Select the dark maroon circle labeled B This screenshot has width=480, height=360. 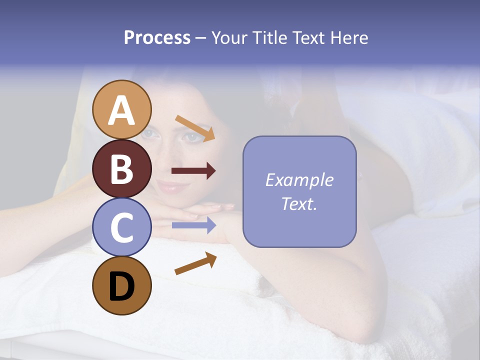pyautogui.click(x=122, y=168)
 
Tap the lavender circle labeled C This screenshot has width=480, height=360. pyautogui.click(x=122, y=227)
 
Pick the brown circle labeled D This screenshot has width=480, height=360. pyautogui.click(x=122, y=286)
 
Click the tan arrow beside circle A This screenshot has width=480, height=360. pyautogui.click(x=195, y=127)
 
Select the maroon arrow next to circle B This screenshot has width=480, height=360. pyautogui.click(x=193, y=171)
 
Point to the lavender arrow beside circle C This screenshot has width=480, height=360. pyautogui.click(x=193, y=225)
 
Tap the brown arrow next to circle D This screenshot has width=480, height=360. pyautogui.click(x=195, y=263)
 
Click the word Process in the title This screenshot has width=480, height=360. pyautogui.click(x=157, y=37)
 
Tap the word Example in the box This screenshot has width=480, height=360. pyautogui.click(x=299, y=180)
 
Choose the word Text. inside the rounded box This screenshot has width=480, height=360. pyautogui.click(x=299, y=203)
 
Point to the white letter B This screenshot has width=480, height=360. pyautogui.click(x=122, y=168)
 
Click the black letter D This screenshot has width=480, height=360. pyautogui.click(x=122, y=286)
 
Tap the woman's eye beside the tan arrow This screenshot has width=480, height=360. pyautogui.click(x=189, y=136)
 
